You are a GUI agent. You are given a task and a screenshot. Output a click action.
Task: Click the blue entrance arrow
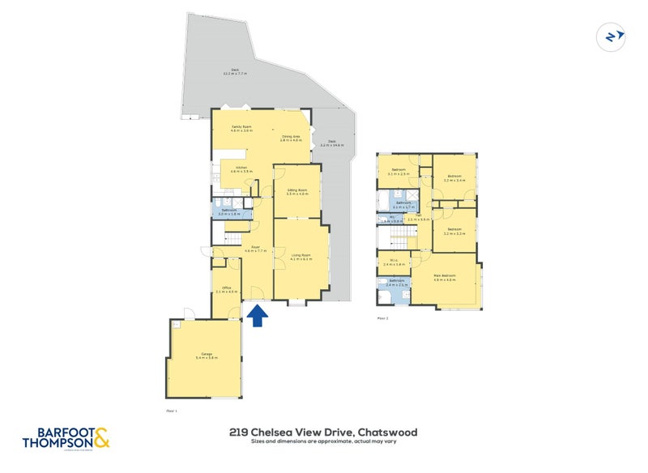click(x=258, y=316)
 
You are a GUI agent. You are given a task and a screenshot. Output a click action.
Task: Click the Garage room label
click(x=206, y=356)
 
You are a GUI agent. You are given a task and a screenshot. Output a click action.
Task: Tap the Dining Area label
click(x=291, y=138)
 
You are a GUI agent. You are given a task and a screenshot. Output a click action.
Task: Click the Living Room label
click(x=301, y=257)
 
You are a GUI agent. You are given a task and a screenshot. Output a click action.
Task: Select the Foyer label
click(x=254, y=249)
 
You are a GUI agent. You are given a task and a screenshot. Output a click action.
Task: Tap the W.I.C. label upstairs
click(x=394, y=262)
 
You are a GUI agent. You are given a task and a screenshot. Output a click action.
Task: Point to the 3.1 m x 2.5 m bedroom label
click(x=398, y=171)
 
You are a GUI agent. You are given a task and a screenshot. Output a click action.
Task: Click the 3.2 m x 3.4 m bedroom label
click(x=454, y=178)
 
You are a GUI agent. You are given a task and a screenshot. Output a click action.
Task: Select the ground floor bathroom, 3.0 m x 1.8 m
click(x=229, y=211)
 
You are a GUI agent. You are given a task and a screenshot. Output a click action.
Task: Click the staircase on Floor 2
click(x=397, y=237)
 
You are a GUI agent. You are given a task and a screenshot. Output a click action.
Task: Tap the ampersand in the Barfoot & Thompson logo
click(x=101, y=438)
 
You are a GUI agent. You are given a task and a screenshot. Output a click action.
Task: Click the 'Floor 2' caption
click(x=383, y=318)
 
